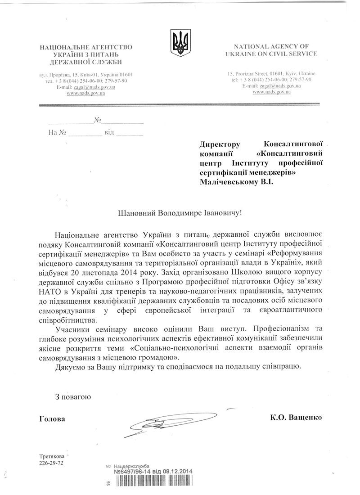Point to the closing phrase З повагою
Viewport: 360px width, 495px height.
coord(73,397)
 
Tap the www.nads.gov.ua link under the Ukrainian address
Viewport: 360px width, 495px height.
coord(85,93)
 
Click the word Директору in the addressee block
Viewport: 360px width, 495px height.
coord(219,144)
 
